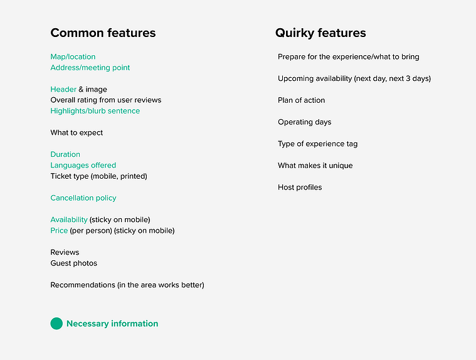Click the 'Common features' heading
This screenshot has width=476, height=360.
(x=103, y=33)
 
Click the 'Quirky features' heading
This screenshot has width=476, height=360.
(x=320, y=33)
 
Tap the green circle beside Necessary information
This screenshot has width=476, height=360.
(x=56, y=324)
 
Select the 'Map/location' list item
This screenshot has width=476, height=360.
(x=73, y=57)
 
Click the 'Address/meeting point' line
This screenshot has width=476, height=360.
(x=90, y=68)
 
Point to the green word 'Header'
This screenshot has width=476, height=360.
(x=63, y=89)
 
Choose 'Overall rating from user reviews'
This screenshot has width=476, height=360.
(x=105, y=100)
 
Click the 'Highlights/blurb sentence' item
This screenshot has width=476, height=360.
(x=95, y=111)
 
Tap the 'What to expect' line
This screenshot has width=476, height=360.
(x=77, y=133)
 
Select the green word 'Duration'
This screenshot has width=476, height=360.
(x=65, y=154)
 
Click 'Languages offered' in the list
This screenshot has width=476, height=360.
(x=83, y=166)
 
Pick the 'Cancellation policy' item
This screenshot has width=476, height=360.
(x=83, y=198)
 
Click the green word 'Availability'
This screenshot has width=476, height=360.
(x=69, y=220)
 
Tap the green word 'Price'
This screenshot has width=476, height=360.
(x=59, y=231)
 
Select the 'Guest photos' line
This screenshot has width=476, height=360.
(x=74, y=263)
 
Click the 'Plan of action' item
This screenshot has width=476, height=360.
(x=301, y=100)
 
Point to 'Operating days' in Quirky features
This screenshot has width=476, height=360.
(x=305, y=122)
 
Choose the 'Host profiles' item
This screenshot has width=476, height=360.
(x=300, y=188)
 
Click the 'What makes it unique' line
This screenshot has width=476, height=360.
(x=315, y=166)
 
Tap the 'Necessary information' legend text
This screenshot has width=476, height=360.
(x=112, y=324)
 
